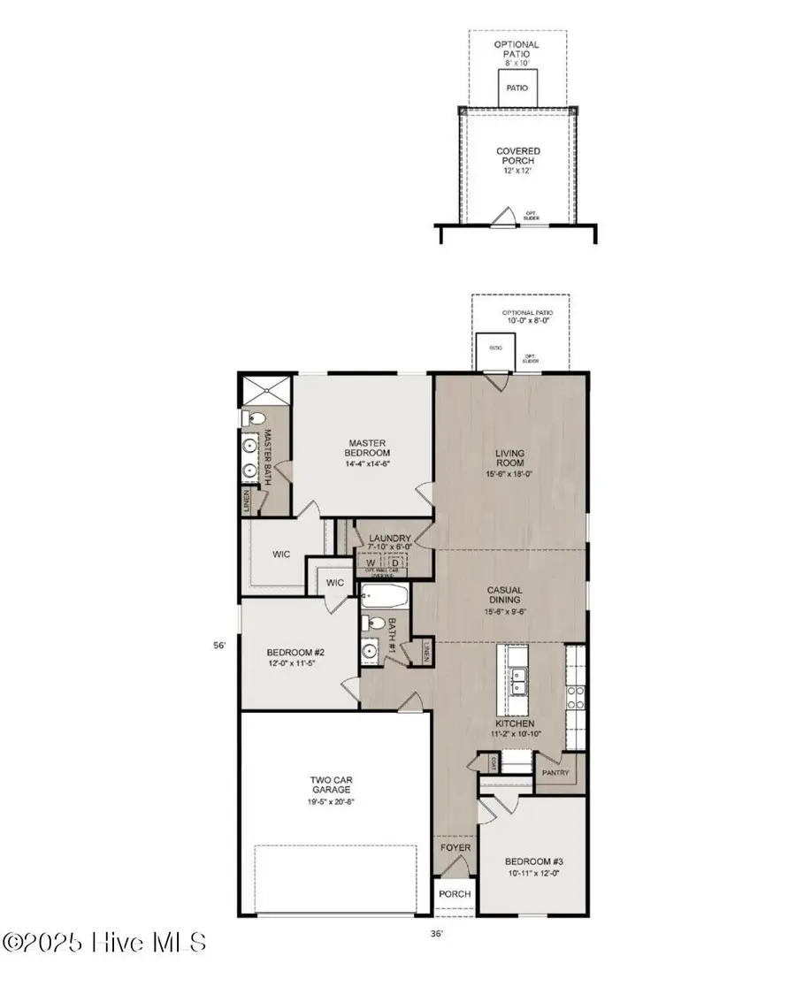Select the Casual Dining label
(x=505, y=594)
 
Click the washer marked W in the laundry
(x=369, y=562)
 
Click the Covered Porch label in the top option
(x=518, y=157)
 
